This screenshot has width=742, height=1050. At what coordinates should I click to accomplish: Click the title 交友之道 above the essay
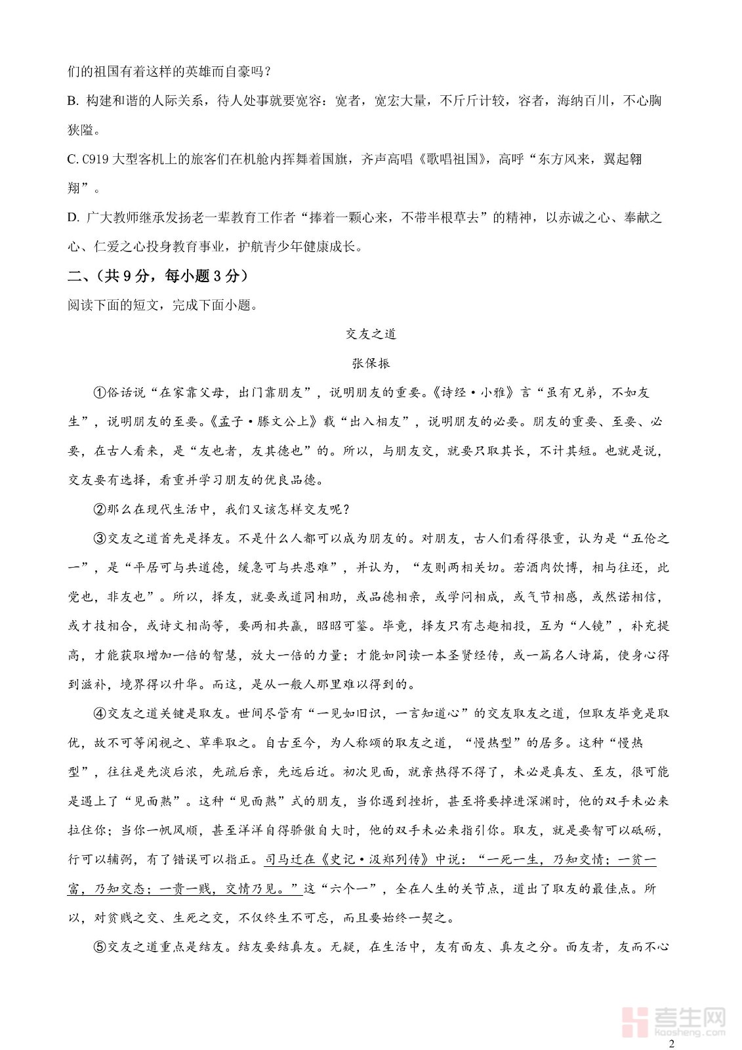[371, 334]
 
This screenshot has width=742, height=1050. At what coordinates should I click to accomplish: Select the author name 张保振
[371, 363]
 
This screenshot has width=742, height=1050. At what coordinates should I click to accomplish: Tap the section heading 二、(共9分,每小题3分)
[158, 276]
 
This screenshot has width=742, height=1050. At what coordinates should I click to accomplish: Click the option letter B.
[72, 101]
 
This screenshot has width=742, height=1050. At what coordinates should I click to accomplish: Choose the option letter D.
[72, 218]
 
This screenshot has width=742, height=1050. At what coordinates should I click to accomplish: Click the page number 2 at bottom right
[670, 1043]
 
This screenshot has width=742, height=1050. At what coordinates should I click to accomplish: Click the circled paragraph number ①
[100, 392]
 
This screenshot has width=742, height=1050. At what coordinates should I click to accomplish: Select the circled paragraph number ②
[100, 509]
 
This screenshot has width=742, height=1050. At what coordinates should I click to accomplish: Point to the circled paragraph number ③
[100, 539]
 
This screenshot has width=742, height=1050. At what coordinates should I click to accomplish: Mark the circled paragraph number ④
[100, 713]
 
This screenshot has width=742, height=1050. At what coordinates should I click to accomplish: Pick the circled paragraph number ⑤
[100, 947]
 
